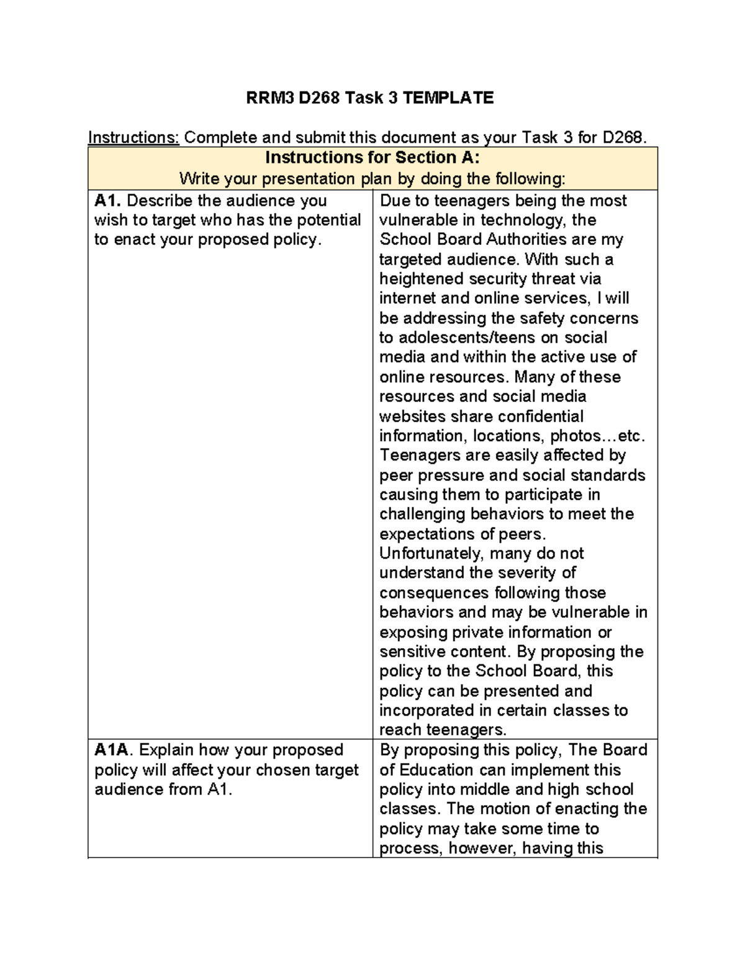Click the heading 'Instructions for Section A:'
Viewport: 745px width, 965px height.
372,157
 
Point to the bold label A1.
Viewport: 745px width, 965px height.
108,201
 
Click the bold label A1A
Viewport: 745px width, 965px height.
114,750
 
